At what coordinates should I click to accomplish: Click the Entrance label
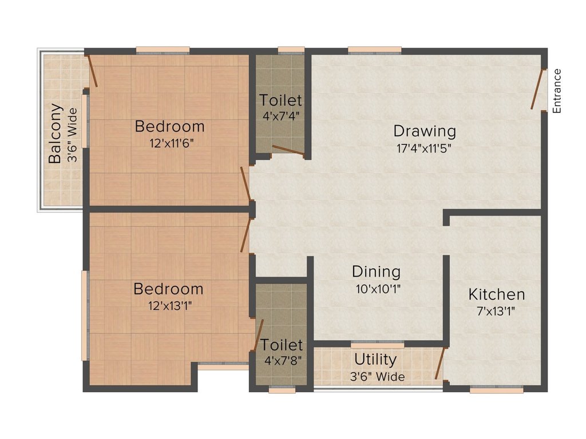point(557,91)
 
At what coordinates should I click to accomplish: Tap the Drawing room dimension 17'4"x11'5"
point(424,149)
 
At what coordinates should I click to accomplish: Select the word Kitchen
point(497,294)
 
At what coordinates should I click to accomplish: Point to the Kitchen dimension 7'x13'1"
point(496,311)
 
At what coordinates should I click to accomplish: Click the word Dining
point(377,272)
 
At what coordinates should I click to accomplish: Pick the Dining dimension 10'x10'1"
point(378,289)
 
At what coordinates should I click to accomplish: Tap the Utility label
point(375,360)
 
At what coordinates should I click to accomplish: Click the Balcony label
point(55,134)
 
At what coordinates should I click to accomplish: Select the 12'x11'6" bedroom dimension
point(172,143)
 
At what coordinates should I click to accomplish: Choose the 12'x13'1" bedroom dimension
point(170,306)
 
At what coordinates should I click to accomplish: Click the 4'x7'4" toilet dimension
point(281,116)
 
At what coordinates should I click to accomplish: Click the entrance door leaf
point(537,89)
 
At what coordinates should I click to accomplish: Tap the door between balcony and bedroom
point(92,71)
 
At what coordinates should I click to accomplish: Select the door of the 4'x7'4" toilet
point(288,150)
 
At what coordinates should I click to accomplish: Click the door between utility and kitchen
point(440,363)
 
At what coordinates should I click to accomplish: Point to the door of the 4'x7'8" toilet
point(259,334)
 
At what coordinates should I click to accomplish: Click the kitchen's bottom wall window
point(497,390)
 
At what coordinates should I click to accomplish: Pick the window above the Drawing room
point(375,50)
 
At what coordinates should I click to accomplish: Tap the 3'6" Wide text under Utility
point(378,377)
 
